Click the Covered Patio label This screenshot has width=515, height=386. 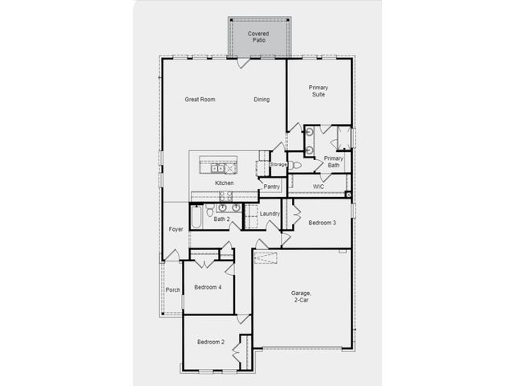click(x=258, y=37)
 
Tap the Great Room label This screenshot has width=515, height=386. click(x=200, y=99)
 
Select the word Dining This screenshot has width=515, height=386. click(x=262, y=99)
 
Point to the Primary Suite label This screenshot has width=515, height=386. click(x=319, y=91)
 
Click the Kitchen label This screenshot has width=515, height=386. click(x=225, y=183)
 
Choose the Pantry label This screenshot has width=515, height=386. click(x=272, y=187)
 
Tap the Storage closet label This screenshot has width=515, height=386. click(x=278, y=164)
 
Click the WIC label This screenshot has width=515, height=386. click(x=319, y=187)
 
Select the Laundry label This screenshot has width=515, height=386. click(x=270, y=214)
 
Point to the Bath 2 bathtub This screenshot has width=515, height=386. click(x=196, y=216)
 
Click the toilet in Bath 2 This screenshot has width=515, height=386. click(x=210, y=211)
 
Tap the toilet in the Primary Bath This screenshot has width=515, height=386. click(x=295, y=165)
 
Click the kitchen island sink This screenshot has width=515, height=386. click(x=217, y=169)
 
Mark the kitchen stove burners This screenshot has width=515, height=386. click(x=226, y=196)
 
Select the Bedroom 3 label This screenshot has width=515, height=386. click(x=322, y=223)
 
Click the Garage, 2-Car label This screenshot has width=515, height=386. click(x=301, y=296)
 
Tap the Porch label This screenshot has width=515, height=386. click(x=173, y=289)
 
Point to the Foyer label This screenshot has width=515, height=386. click(x=175, y=229)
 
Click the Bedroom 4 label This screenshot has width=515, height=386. click(x=208, y=287)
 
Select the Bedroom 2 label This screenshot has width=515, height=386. click(x=211, y=342)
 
